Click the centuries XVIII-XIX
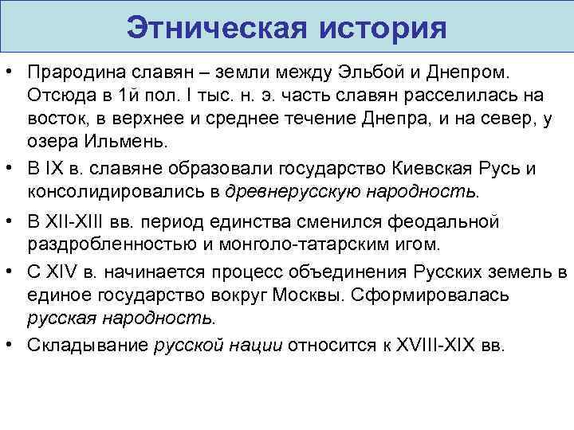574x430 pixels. click(431, 346)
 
